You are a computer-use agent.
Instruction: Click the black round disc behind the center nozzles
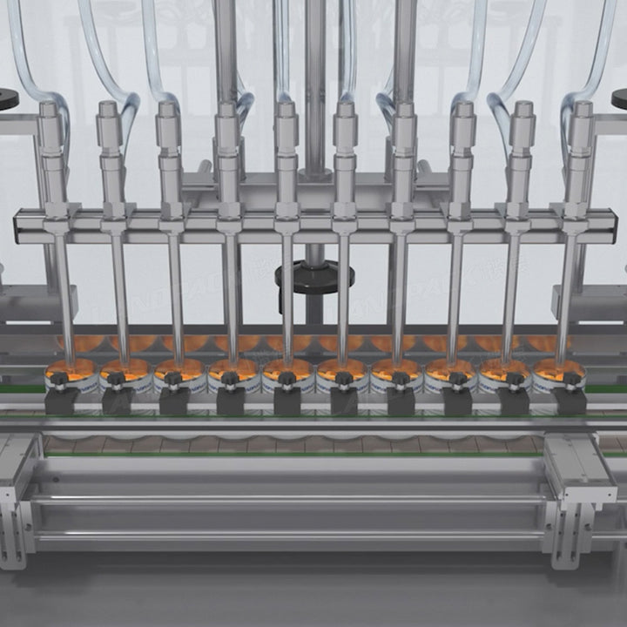point(314,277)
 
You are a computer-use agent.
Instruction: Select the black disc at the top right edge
point(619,98)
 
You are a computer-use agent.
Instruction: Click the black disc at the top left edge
point(7,97)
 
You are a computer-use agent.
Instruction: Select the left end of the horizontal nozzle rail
point(19,225)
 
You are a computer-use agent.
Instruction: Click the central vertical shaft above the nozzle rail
point(314,87)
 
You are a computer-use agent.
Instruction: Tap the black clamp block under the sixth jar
point(343,400)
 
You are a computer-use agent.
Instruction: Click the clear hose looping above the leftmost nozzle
point(26,61)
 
